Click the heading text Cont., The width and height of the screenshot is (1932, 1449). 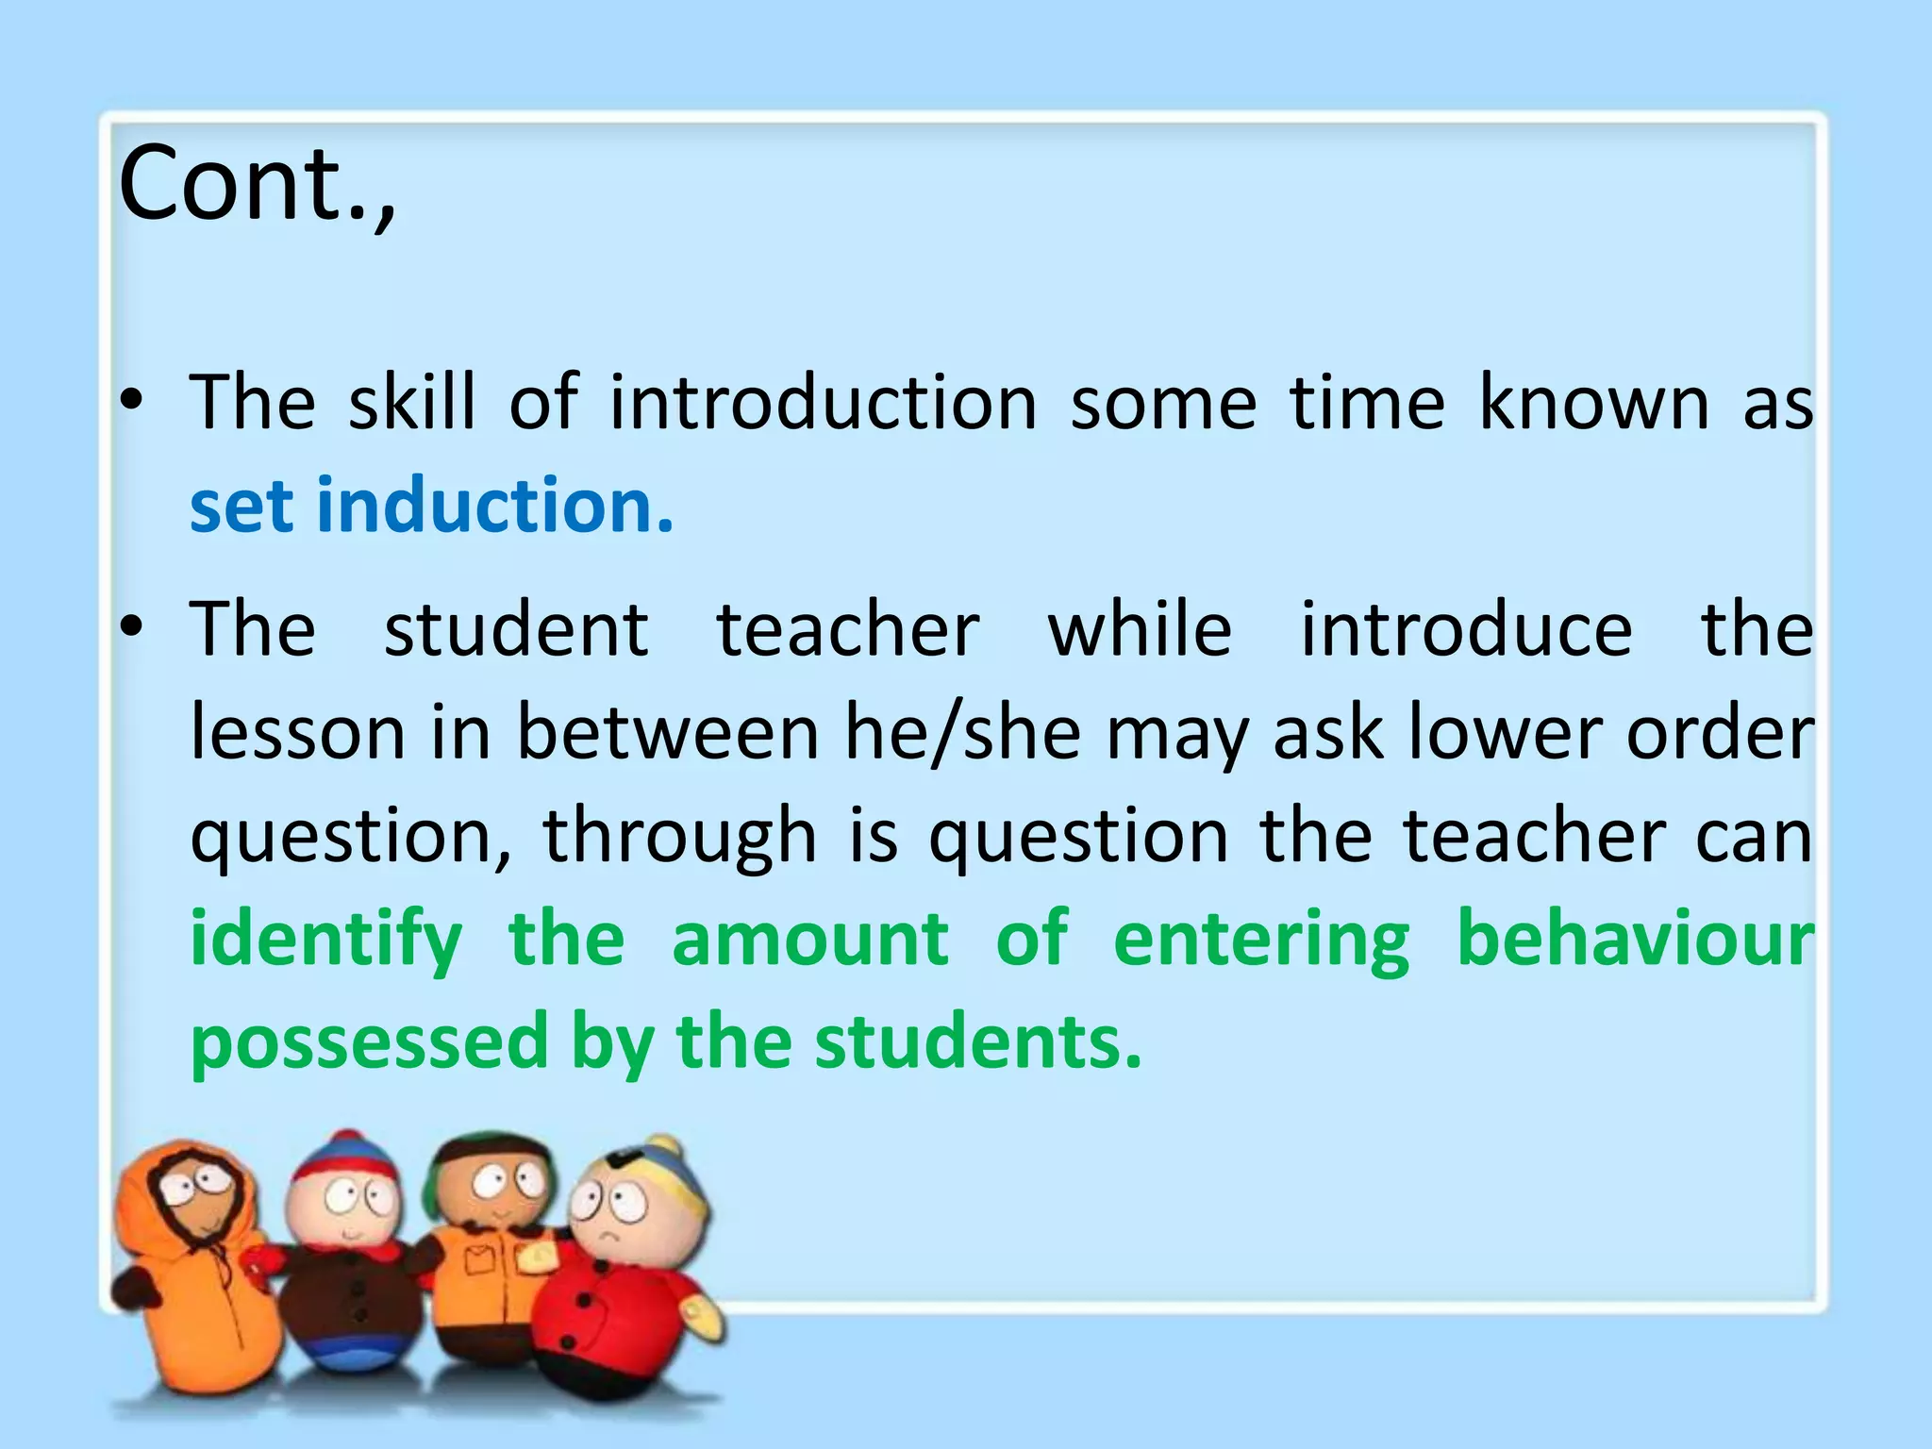257,184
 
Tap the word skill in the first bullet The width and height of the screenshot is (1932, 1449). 412,403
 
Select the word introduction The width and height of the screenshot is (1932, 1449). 823,403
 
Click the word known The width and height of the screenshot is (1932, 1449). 1593,403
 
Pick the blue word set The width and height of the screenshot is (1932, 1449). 242,508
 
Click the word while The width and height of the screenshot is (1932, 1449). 1140,629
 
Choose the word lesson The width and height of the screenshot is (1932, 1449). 297,733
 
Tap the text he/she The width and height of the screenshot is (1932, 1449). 962,733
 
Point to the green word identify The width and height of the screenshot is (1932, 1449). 326,941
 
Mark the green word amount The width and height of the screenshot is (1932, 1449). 809,940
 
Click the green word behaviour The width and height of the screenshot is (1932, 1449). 1635,940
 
